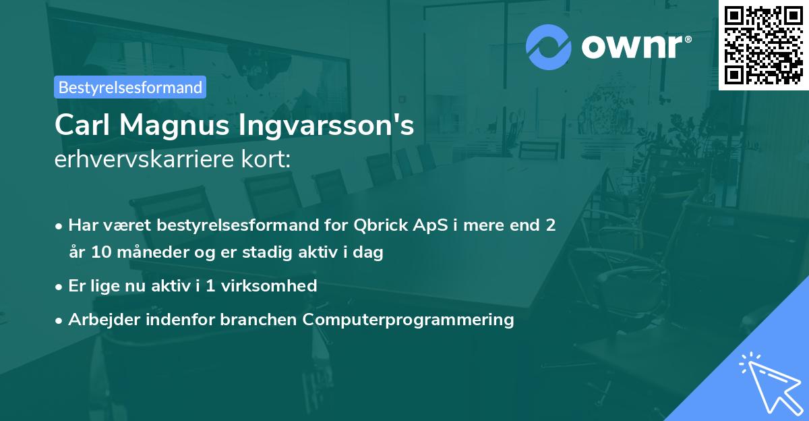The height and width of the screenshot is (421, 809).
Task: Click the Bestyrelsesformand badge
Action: pos(130,87)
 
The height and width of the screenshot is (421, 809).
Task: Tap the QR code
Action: pos(763,45)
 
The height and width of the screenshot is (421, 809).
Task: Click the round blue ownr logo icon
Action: pos(549,47)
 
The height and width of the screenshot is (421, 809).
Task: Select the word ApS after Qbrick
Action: pos(429,225)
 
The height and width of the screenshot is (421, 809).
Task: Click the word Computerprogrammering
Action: pos(409,319)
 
